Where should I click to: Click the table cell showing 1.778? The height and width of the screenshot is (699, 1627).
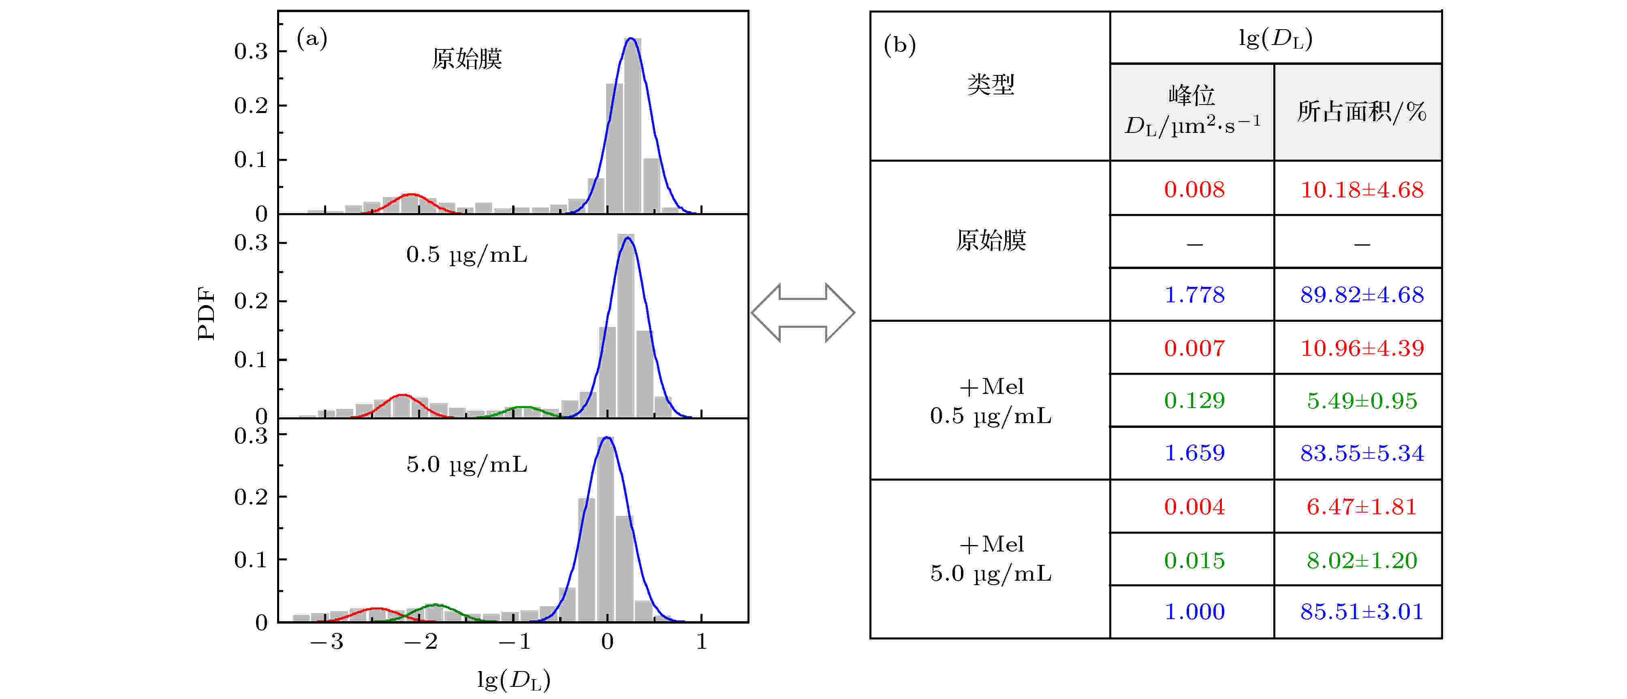1194,295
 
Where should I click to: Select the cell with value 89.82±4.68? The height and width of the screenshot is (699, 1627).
1362,295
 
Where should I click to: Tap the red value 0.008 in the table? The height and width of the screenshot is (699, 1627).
1194,190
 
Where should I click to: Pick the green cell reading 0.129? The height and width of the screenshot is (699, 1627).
1194,400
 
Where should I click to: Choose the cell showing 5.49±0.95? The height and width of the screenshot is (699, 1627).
1362,400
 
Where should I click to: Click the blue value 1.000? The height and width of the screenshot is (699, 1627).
1194,611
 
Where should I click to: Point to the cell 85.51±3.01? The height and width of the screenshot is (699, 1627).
1362,611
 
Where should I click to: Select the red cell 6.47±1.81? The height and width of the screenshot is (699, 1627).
1362,506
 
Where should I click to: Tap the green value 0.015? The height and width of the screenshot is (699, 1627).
1194,560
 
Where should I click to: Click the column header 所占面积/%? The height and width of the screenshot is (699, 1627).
1362,112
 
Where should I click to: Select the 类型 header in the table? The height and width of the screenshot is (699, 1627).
991,84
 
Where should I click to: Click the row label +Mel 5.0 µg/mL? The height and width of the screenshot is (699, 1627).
991,559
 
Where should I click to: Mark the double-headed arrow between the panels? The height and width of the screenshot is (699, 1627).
803,312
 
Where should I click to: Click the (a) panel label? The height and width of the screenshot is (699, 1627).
312,39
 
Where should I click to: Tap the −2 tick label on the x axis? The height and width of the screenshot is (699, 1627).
421,641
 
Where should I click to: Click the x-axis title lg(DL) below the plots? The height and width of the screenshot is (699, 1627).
513,680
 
